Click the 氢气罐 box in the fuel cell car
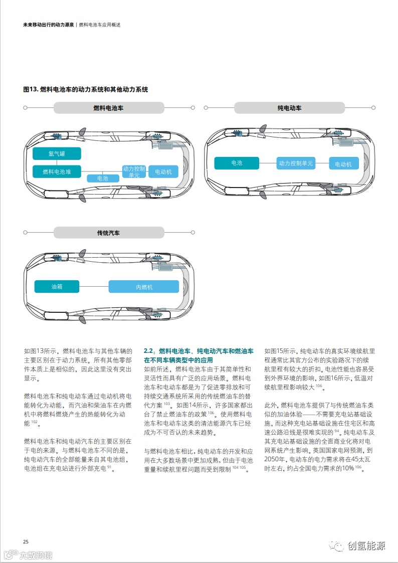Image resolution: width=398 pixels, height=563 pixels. [57, 154]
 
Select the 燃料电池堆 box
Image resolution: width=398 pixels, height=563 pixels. [57, 171]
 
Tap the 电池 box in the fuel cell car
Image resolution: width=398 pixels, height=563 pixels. [103, 178]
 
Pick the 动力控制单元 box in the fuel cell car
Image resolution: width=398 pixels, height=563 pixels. [134, 171]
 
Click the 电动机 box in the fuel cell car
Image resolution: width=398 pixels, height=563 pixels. [163, 171]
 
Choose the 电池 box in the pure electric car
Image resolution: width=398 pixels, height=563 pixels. [237, 163]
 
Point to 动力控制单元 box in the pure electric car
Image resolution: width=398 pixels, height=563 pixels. [296, 163]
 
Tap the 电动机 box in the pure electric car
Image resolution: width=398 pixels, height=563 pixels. [343, 163]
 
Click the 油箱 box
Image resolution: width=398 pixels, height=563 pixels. [57, 286]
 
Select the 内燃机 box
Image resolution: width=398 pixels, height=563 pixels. [144, 287]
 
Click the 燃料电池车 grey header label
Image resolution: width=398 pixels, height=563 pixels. [108, 108]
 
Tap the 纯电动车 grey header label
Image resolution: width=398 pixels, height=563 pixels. [289, 108]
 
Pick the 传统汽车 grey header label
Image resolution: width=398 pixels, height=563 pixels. [108, 233]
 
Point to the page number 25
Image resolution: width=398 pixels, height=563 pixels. [26, 541]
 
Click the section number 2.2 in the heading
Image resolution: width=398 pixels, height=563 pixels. [148, 351]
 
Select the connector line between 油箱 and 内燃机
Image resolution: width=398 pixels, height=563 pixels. [94, 287]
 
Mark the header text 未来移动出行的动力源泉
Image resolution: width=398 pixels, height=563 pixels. [49, 25]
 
